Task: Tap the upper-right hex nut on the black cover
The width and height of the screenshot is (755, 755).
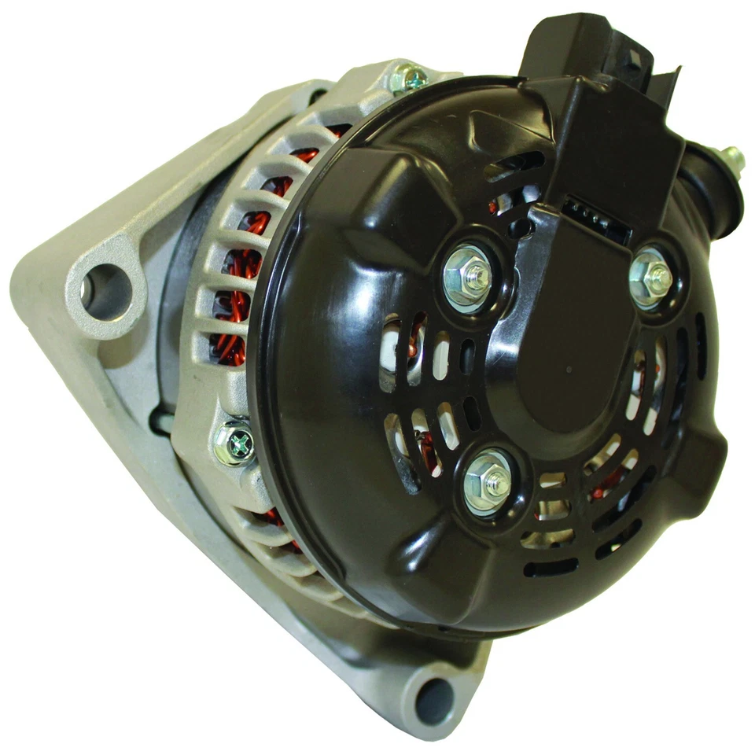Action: (652, 276)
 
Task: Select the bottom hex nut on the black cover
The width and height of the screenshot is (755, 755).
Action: (488, 482)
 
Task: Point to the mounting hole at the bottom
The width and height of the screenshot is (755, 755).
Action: (434, 699)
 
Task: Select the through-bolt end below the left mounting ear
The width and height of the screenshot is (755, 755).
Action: (160, 423)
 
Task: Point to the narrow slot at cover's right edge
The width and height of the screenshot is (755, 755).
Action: (701, 347)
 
